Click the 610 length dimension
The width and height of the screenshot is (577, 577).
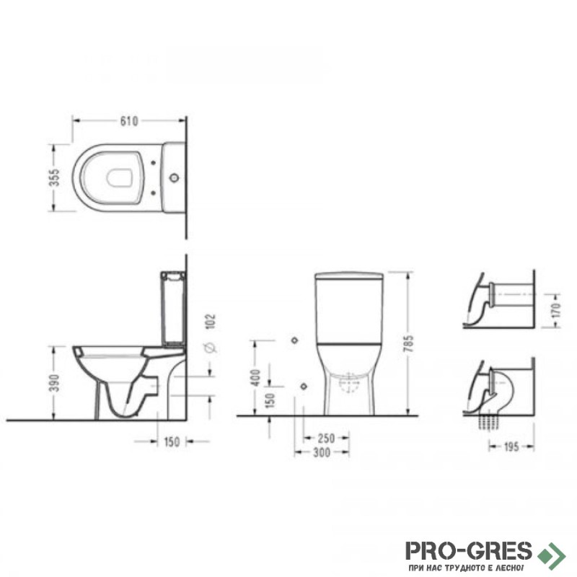[129, 120]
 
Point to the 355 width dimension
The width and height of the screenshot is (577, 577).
[54, 177]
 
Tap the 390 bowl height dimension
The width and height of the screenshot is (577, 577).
[54, 383]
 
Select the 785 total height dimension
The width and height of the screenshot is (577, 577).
[408, 344]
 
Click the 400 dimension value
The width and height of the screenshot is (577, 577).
[255, 377]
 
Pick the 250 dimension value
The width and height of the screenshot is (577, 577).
[327, 439]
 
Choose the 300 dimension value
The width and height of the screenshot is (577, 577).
[322, 452]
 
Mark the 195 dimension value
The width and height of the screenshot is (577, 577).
[511, 446]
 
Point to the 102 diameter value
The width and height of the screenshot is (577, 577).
[211, 321]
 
